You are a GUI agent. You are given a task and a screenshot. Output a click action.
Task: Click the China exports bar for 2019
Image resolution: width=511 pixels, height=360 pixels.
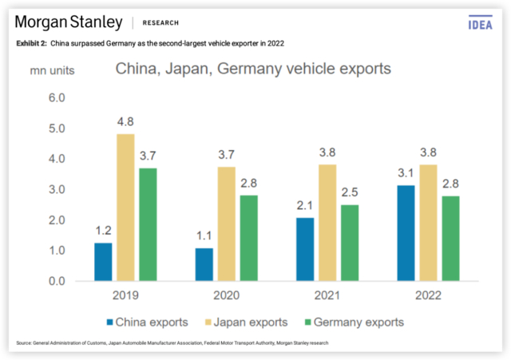103,262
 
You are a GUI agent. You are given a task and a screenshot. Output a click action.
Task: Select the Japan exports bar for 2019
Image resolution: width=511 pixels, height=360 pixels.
125,208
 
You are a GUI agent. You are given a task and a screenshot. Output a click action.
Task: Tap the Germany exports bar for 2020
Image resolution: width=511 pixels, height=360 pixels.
249,238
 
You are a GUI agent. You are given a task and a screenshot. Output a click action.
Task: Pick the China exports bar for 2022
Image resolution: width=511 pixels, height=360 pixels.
406,233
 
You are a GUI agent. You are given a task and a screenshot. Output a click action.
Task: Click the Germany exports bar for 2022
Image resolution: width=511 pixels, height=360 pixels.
451,238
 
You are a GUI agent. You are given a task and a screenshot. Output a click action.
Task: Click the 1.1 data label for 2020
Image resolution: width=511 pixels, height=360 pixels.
204,236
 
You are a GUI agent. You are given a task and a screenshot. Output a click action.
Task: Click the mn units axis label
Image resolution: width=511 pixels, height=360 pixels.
53,70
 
